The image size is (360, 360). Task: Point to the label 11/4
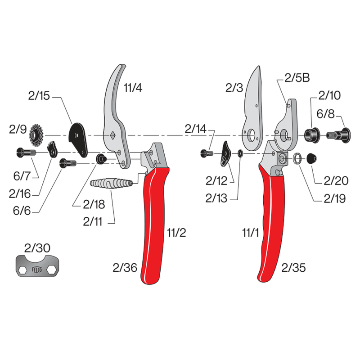click(x=132, y=88)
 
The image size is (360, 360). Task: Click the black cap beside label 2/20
click(x=311, y=158)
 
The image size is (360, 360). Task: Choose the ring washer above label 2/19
click(x=297, y=158)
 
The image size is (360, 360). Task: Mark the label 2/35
click(x=293, y=268)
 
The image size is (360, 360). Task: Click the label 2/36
click(x=125, y=268)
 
